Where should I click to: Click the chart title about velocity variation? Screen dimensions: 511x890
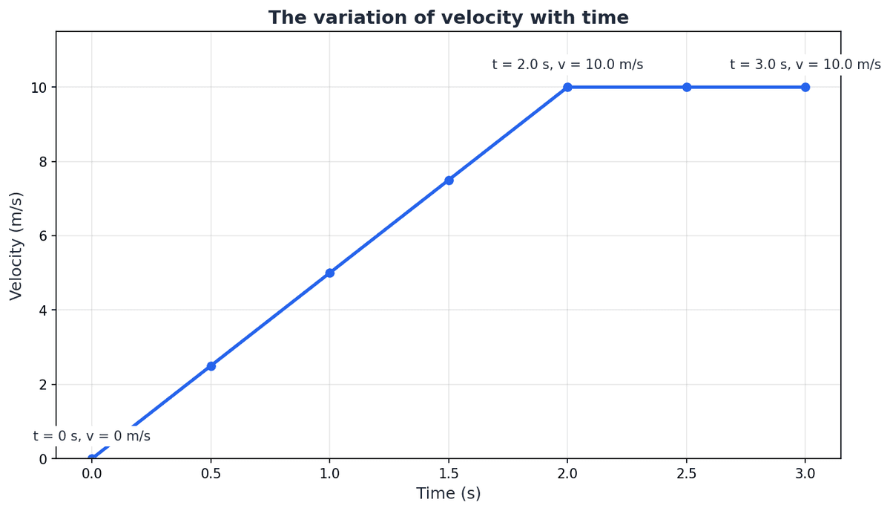448,18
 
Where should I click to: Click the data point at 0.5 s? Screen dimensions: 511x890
211,366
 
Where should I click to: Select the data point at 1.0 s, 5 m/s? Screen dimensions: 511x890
330,273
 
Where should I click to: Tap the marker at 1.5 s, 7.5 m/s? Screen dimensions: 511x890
449,180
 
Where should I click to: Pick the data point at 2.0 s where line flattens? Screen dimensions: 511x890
567,87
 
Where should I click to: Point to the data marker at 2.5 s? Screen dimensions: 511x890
687,87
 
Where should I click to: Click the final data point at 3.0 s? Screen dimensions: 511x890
805,87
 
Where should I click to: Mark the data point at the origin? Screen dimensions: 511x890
92,458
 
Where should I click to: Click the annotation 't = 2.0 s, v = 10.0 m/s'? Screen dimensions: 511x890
567,65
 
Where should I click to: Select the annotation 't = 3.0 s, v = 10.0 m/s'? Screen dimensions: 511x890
805,65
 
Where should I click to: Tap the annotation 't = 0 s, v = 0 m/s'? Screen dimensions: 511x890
92,437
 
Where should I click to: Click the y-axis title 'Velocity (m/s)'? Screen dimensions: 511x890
16,246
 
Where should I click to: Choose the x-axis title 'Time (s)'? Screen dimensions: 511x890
448,494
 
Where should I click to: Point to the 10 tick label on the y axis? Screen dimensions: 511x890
38,88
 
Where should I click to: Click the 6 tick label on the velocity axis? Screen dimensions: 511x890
42,236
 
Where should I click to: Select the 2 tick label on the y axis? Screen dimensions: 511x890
42,385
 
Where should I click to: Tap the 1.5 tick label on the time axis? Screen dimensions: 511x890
449,473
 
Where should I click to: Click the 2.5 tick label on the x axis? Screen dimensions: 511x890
687,473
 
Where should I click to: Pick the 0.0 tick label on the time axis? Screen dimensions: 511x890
92,473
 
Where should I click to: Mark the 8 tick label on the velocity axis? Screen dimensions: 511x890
42,162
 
